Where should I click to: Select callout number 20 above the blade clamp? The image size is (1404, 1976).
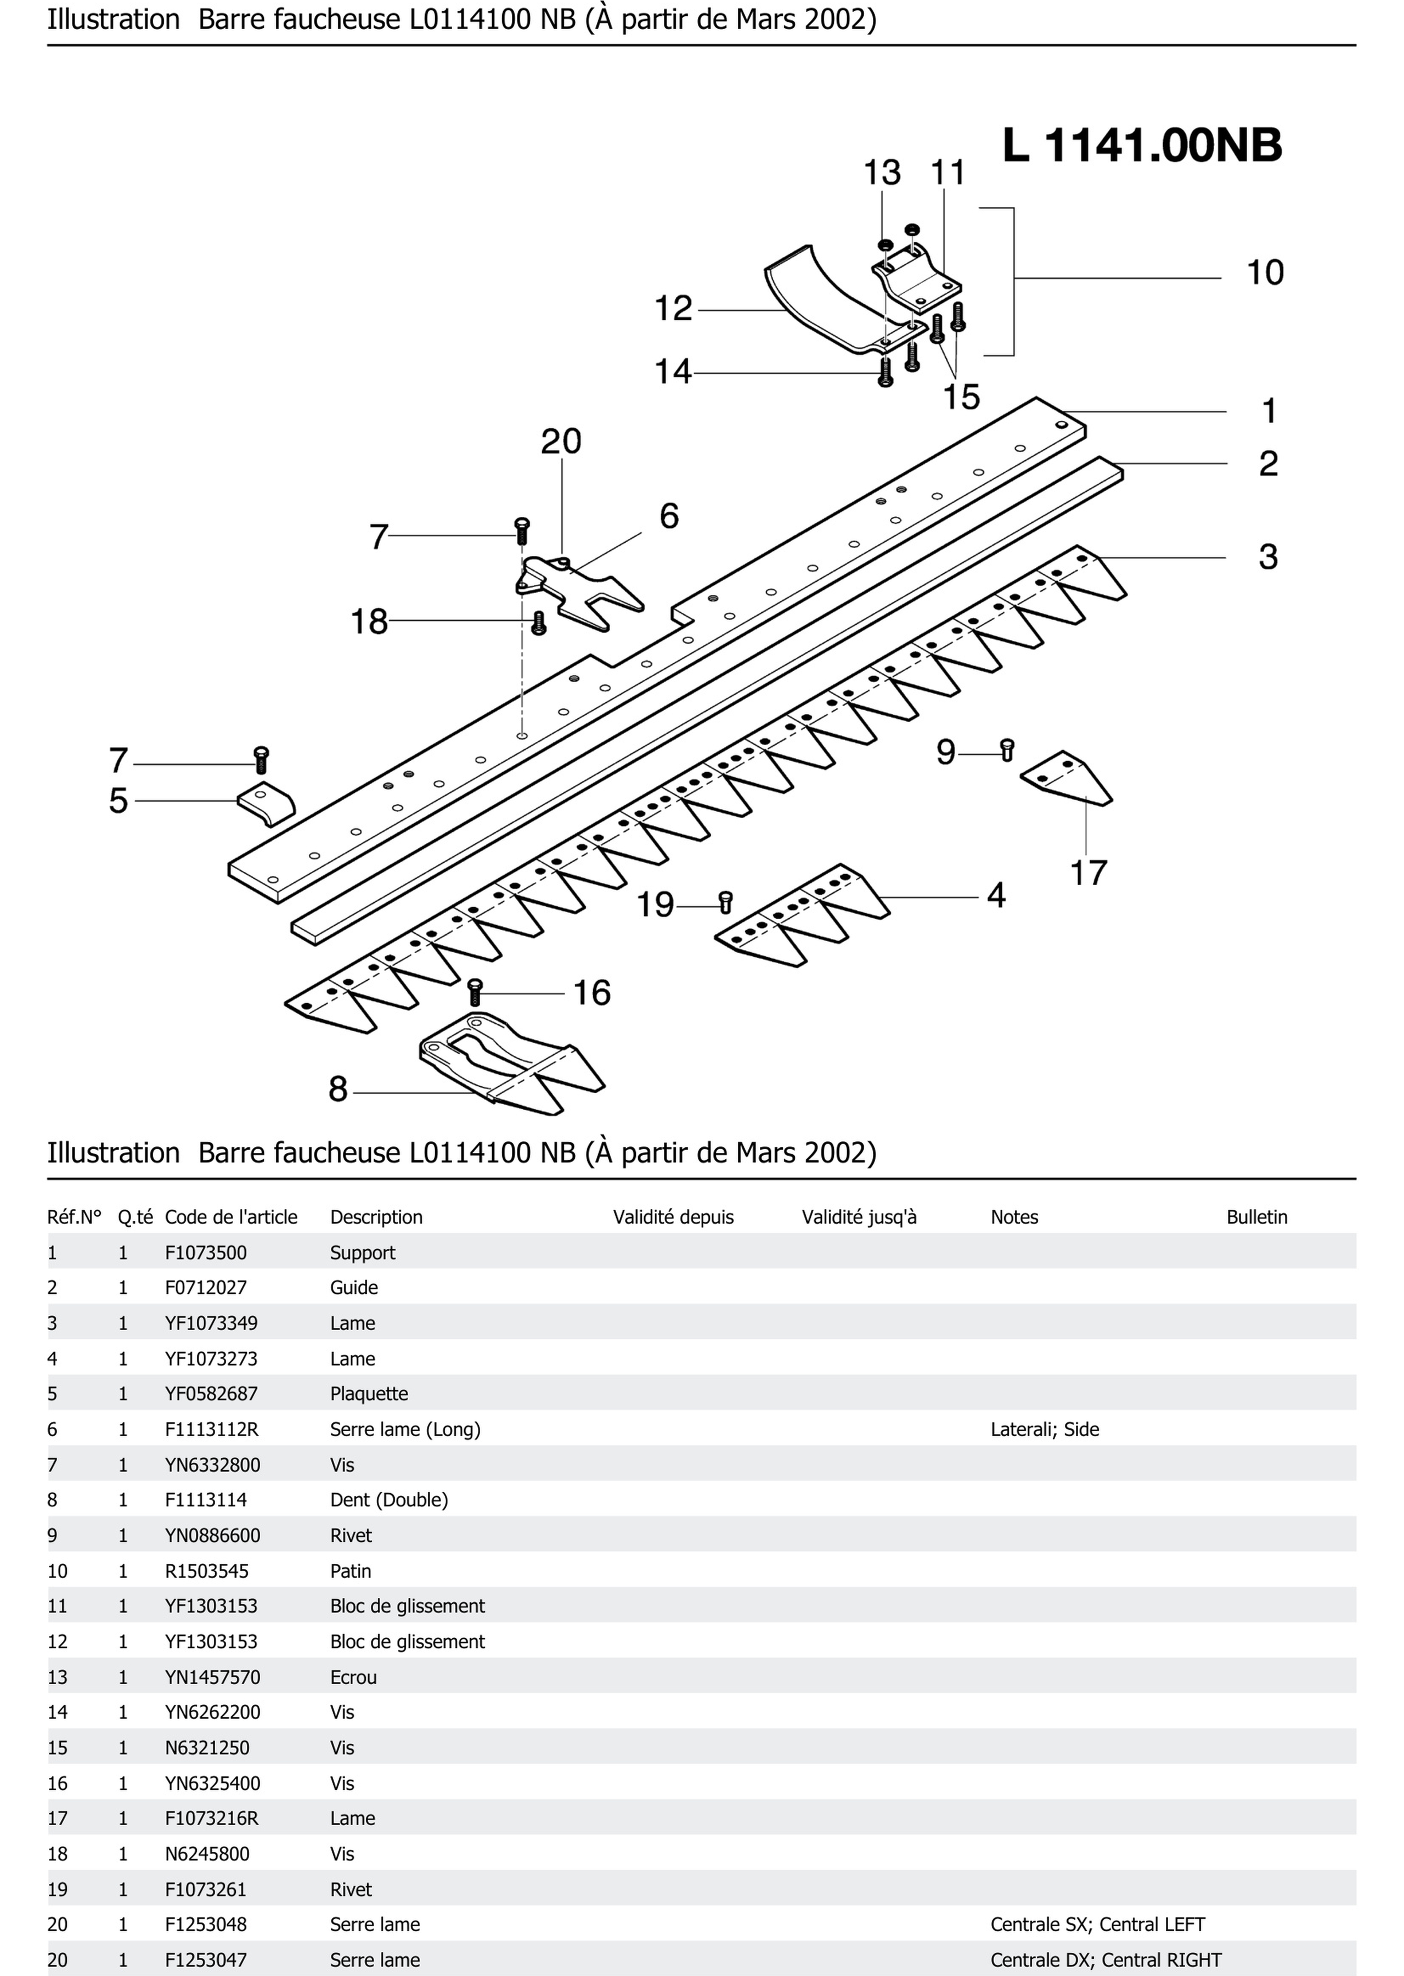click(561, 442)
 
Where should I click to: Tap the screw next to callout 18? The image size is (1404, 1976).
click(538, 622)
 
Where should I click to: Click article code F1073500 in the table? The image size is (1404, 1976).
click(206, 1253)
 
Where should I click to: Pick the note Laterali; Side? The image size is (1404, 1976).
click(1044, 1429)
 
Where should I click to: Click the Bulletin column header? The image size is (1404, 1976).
click(1256, 1217)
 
